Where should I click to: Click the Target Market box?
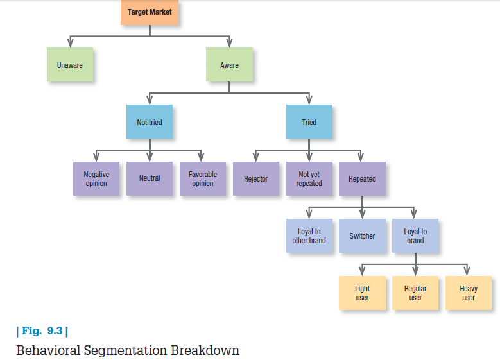pos(150,12)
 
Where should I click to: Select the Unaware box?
pos(70,65)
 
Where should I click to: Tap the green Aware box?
pos(229,65)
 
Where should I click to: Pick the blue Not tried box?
pos(150,121)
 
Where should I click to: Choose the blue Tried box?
pos(309,121)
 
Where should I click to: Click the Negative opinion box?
pos(96,178)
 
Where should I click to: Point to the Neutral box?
pos(150,178)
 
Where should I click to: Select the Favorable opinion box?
pos(203,178)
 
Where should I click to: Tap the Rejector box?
pos(255,178)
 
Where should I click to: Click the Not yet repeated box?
pos(309,178)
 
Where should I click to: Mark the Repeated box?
pos(362,178)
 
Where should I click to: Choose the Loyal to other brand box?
pos(309,236)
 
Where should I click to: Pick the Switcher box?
pos(362,236)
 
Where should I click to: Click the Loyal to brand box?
pos(415,236)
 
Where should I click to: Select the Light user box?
pos(362,293)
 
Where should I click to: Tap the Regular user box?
pos(415,293)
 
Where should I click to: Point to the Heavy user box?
pos(469,293)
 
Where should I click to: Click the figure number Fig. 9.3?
pos(42,331)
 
